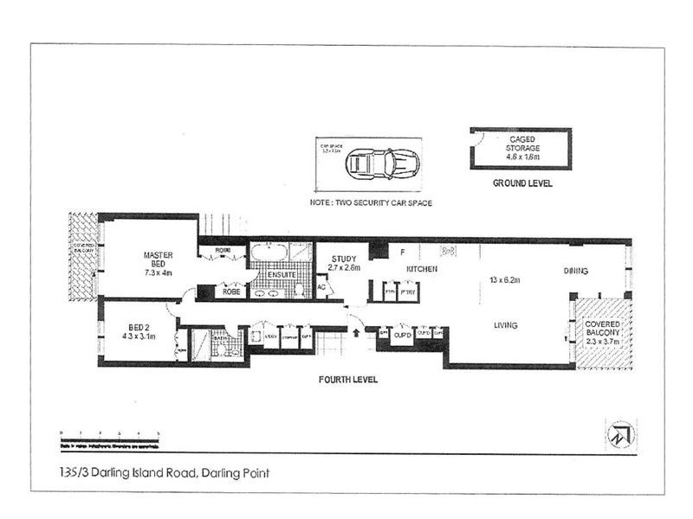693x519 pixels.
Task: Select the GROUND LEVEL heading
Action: coord(522,183)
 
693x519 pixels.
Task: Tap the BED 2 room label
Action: coord(139,331)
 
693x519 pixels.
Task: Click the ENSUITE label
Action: coord(282,275)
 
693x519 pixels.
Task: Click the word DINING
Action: coord(576,271)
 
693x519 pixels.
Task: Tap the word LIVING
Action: coord(505,325)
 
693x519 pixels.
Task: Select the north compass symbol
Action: coord(620,433)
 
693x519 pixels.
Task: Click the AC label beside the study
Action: coord(321,286)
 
